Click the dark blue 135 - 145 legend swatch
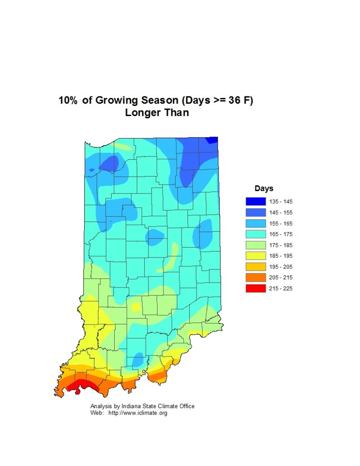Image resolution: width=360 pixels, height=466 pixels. click(255, 202)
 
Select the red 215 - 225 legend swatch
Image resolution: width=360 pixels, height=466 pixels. click(255, 289)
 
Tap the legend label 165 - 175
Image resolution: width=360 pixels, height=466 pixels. click(281, 234)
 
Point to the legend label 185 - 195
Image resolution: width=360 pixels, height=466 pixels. click(281, 256)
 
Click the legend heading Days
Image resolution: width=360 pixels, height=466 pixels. click(264, 188)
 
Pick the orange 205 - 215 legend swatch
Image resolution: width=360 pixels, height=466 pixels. click(255, 278)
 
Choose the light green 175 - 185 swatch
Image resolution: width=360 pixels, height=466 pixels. click(255, 245)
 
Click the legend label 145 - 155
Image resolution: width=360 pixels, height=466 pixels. click(281, 213)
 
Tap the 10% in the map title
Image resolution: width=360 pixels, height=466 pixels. click(68, 101)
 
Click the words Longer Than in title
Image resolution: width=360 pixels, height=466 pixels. click(157, 113)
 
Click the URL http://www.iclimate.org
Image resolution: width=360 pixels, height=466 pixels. click(138, 413)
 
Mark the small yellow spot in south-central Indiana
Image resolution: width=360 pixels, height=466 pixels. click(136, 308)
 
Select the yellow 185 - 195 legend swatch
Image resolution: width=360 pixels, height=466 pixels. click(255, 256)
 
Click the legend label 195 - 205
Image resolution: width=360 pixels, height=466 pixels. click(281, 267)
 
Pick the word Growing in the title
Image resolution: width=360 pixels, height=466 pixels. click(114, 101)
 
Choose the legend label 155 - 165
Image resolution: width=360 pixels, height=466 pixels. click(281, 223)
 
